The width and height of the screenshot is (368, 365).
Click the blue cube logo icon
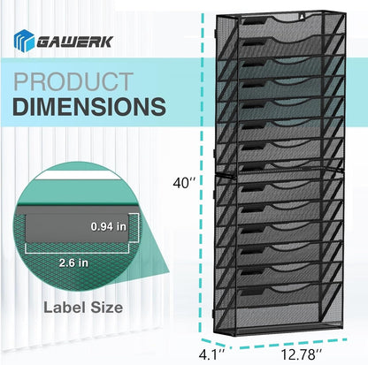pyautogui.click(x=24, y=41)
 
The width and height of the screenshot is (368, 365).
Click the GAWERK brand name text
pyautogui.click(x=75, y=42)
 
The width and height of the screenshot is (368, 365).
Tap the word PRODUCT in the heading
pyautogui.click(x=73, y=81)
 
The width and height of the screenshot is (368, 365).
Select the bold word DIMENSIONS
pyautogui.click(x=89, y=106)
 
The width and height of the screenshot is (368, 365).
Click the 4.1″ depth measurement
pyautogui.click(x=212, y=354)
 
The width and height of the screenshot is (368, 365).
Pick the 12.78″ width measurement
pyautogui.click(x=301, y=354)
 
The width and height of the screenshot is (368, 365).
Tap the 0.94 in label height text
pyautogui.click(x=109, y=226)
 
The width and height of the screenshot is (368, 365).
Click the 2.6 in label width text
pyautogui.click(x=73, y=262)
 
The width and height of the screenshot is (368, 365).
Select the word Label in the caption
pyautogui.click(x=65, y=308)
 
